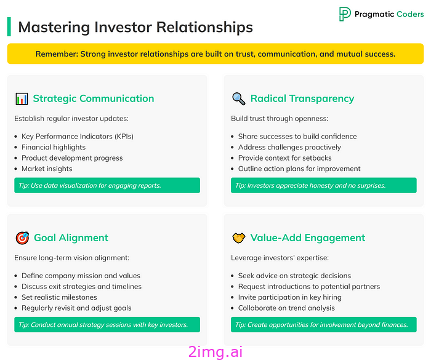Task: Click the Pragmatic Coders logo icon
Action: (x=345, y=14)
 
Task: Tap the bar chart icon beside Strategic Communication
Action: (x=22, y=98)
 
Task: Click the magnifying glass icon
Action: (x=239, y=98)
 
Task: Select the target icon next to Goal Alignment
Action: (x=22, y=238)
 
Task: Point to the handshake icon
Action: (x=239, y=238)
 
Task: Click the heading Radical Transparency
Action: (x=302, y=98)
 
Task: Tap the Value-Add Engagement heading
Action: (x=308, y=238)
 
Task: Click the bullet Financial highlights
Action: (x=54, y=147)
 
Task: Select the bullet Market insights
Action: (x=47, y=169)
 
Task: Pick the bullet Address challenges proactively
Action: (x=289, y=147)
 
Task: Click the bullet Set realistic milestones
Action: (x=59, y=297)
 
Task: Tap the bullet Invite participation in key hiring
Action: (x=290, y=297)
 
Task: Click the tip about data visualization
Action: (x=107, y=185)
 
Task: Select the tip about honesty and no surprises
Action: (x=324, y=185)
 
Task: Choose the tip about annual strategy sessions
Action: (x=107, y=325)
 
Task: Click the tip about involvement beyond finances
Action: (x=324, y=325)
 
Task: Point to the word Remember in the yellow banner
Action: (x=57, y=54)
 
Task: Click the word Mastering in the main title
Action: (x=54, y=28)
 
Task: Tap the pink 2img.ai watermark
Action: (x=216, y=352)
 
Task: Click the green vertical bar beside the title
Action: (x=9, y=26)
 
